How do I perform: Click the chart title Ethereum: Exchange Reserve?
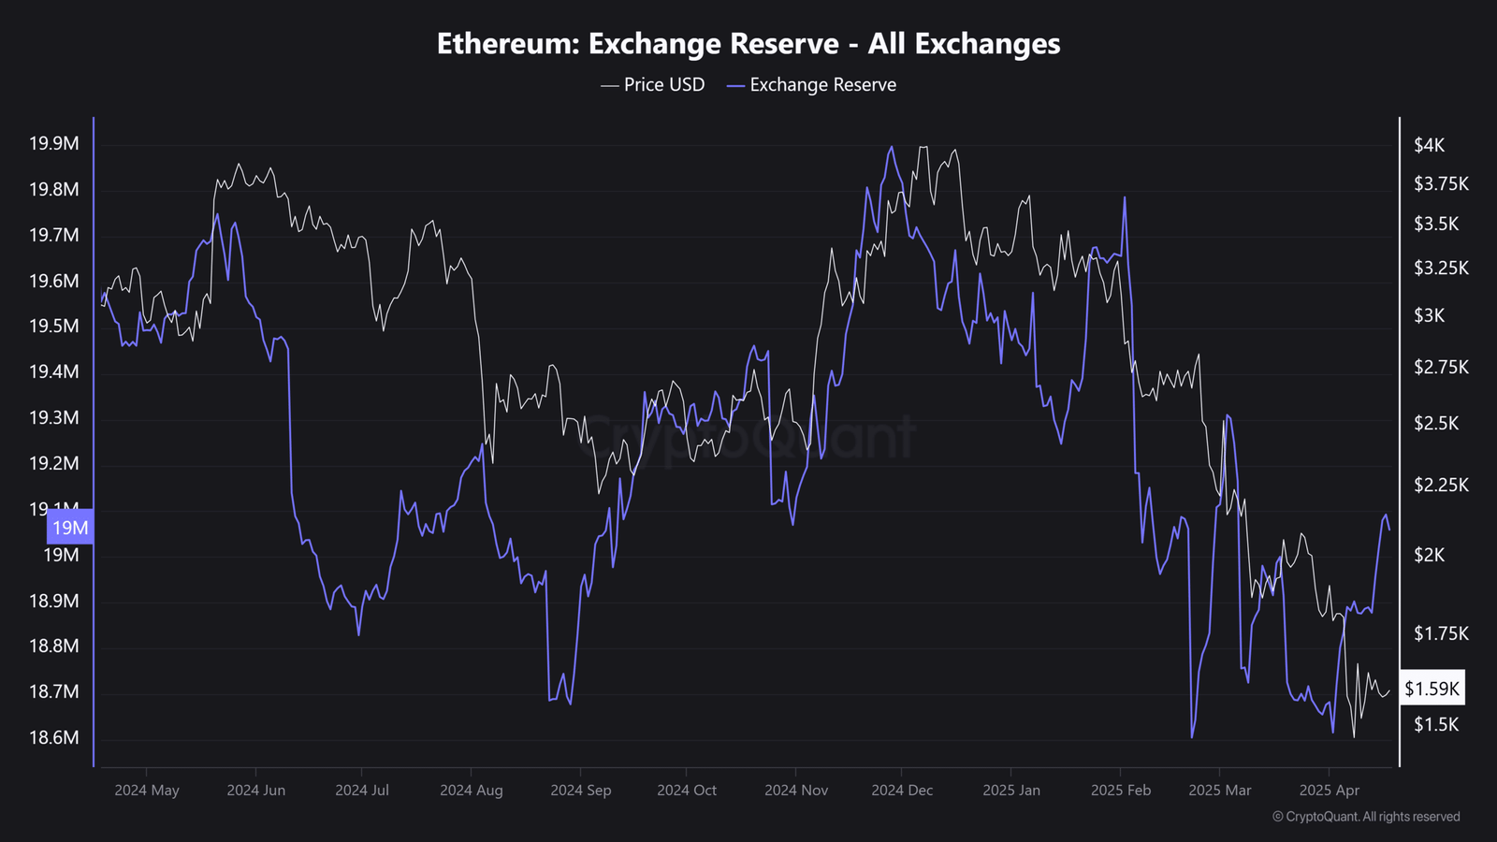[748, 44]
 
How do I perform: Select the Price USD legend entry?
[653, 85]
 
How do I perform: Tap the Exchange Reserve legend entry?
[811, 85]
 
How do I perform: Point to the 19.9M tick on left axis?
[54, 144]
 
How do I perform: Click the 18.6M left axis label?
[54, 737]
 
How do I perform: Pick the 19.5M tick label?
[54, 327]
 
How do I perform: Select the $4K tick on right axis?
[1429, 145]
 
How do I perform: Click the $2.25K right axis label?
[1441, 485]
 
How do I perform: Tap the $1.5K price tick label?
[1435, 724]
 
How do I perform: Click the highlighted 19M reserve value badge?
[70, 528]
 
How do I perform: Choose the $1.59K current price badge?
[1432, 690]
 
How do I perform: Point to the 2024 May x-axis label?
[147, 791]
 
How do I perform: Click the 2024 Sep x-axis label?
[580, 791]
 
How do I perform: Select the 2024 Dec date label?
[902, 791]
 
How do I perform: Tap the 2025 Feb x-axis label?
[1121, 791]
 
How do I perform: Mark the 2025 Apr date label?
[1329, 791]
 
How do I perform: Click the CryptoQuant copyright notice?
[1366, 817]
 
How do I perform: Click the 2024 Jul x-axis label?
[362, 791]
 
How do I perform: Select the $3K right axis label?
[1429, 315]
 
